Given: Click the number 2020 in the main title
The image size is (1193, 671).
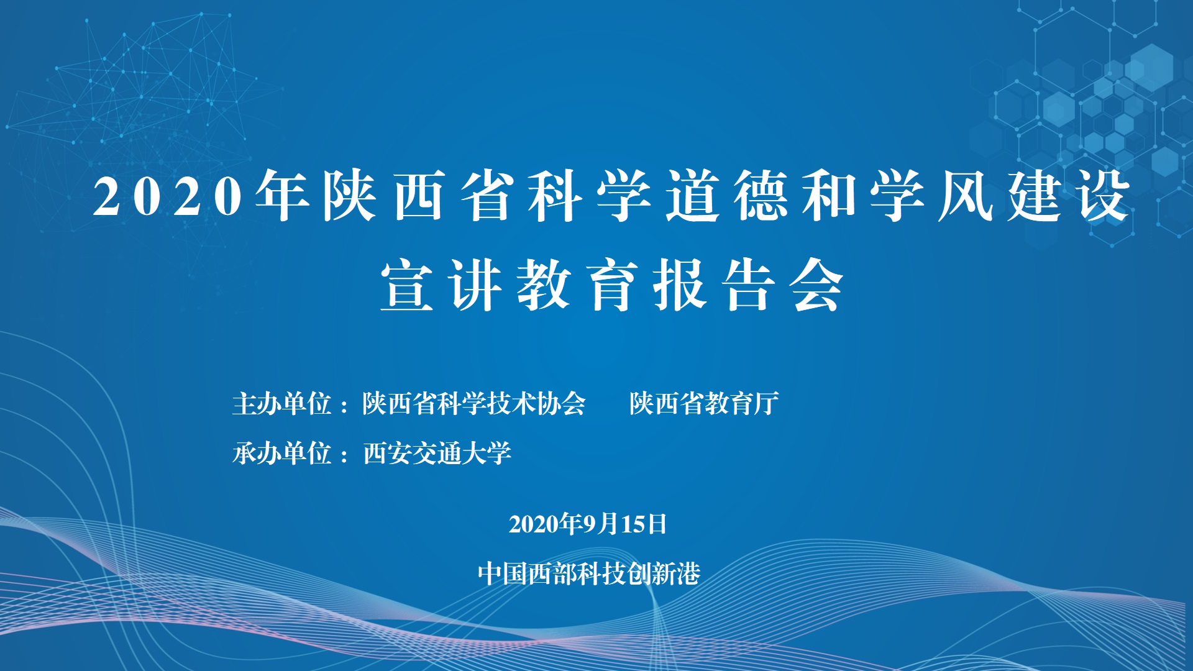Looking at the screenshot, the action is coord(168,196).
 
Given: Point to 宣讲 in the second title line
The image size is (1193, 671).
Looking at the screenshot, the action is coord(441,285).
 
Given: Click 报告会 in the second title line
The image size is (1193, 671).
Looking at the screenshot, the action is coord(748,285).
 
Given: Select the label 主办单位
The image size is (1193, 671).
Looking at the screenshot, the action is coord(281,404).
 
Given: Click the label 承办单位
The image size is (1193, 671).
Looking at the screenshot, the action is coord(281,453).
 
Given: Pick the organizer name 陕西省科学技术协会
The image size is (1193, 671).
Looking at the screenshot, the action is coord(474,404).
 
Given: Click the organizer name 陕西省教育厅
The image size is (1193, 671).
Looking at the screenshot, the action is coord(704,404).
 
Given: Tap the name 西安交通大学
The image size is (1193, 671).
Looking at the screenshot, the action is coord(437,453).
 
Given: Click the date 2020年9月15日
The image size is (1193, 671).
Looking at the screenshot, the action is coord(588,524).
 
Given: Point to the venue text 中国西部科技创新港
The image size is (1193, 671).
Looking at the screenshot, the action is coord(589,573).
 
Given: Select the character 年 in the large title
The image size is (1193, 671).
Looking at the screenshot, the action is coord(283,196).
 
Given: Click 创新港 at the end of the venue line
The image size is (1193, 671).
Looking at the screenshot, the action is coord(664,573).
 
